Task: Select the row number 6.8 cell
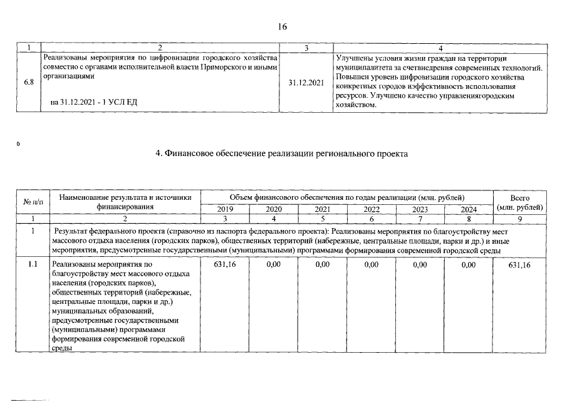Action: pos(29,82)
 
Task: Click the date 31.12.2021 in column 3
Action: pos(306,82)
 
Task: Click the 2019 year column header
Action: pos(224,209)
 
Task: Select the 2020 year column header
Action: pos(274,209)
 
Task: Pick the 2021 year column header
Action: pos(322,209)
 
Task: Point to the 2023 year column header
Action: pos(420,209)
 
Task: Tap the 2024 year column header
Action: pos(469,209)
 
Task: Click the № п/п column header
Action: pos(33,202)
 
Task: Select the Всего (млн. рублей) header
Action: pos(519,202)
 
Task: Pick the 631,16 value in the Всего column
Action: pos(519,265)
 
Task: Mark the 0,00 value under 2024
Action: pos(469,265)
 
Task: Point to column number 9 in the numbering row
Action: pos(519,218)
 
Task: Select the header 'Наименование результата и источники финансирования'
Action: pos(125,202)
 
